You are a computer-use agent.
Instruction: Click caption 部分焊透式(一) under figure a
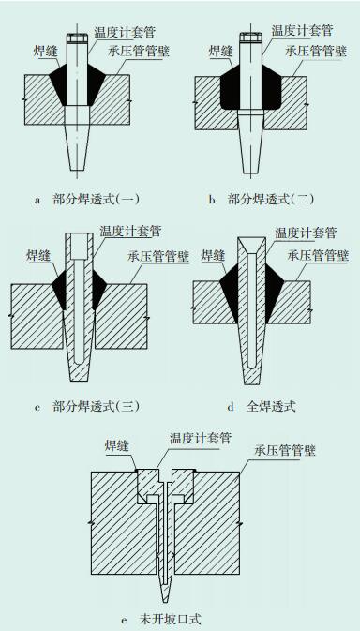point(97,200)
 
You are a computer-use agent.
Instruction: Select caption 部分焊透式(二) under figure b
point(271,200)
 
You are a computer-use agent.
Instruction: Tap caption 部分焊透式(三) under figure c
point(97,407)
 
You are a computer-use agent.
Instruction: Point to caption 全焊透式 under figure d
point(271,407)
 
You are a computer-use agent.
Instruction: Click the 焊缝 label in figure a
point(46,52)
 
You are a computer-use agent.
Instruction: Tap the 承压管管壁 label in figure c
point(158,256)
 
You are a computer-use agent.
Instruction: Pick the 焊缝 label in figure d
point(214,255)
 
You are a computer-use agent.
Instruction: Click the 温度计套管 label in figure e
point(201,438)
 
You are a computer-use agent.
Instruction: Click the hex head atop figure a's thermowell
point(77,38)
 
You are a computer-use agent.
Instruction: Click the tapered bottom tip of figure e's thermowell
point(165,593)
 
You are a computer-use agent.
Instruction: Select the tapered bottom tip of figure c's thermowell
point(79,375)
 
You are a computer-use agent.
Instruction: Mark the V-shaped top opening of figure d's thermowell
point(251,246)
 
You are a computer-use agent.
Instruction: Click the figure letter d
point(231,407)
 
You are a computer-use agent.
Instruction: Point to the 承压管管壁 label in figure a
point(139,52)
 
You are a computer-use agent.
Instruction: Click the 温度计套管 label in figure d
point(306,233)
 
